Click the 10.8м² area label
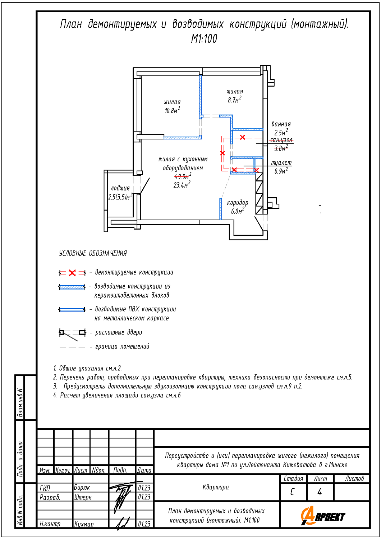point(172,111)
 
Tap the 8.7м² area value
point(234,100)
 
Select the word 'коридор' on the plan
point(238,203)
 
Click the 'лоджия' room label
point(120,188)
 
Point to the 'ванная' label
point(281,124)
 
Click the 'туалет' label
point(281,163)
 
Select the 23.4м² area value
point(182,185)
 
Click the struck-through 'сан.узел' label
point(281,140)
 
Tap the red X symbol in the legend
point(72,273)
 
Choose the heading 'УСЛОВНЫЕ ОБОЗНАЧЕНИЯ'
point(93,253)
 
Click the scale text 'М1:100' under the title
point(204,39)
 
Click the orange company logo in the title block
point(322,516)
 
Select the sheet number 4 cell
point(320,492)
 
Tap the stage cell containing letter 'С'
point(292,492)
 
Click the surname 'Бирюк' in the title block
point(82,488)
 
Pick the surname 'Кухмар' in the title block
point(84,524)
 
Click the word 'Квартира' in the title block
point(216,487)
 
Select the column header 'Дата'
point(144,470)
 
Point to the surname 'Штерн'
point(83,497)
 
